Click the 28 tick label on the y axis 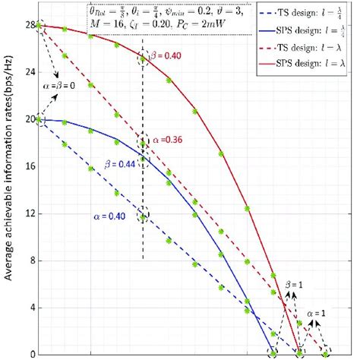coord(30,25)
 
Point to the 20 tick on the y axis coord(30,119)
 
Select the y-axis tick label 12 coord(30,213)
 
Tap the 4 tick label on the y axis coord(32,308)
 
